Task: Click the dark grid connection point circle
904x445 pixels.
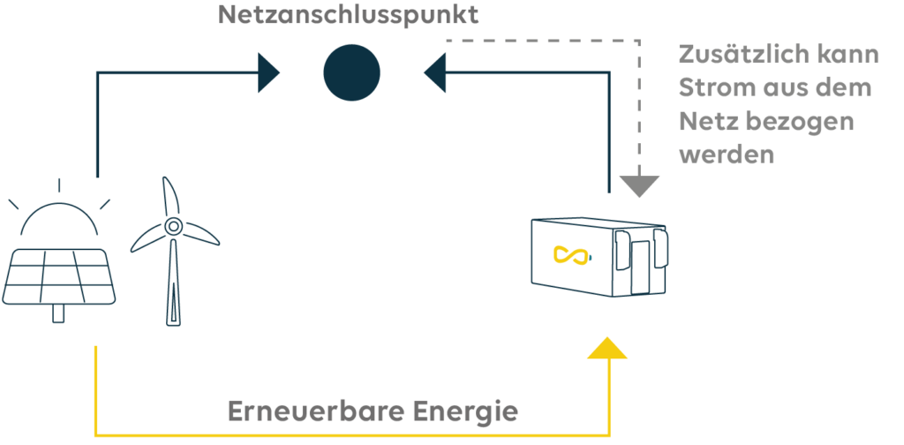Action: pyautogui.click(x=351, y=72)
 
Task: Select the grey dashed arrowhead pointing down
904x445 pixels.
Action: pyautogui.click(x=638, y=184)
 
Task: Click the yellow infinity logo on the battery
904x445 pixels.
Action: pyautogui.click(x=571, y=256)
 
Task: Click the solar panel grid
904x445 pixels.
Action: pyautogui.click(x=58, y=275)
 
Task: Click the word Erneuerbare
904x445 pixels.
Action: pyautogui.click(x=311, y=411)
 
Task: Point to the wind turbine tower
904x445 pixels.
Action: pyautogui.click(x=171, y=283)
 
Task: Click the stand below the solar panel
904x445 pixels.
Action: pyautogui.click(x=60, y=314)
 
